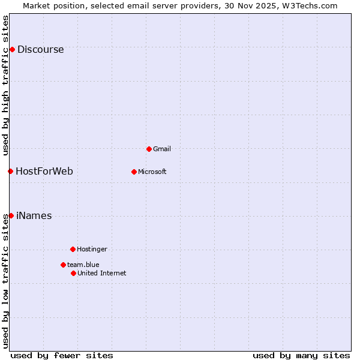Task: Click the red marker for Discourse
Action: [x=12, y=49]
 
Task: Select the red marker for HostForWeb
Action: [x=10, y=171]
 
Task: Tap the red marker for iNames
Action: [x=11, y=215]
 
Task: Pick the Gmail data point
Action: [x=149, y=149]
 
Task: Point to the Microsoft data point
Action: [x=134, y=172]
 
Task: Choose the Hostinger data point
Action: [x=73, y=249]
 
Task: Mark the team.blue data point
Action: [x=63, y=265]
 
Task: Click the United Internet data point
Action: [x=73, y=273]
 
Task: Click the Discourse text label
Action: [x=40, y=50]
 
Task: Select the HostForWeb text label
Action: [x=44, y=172]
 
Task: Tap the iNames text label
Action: [x=34, y=216]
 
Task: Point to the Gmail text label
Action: [x=163, y=149]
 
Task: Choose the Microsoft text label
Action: [x=152, y=172]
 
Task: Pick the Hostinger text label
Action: [x=92, y=249]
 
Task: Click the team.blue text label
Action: [x=83, y=265]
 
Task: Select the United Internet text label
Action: [x=102, y=273]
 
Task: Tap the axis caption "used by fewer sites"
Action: [x=62, y=355]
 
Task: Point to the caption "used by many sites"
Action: [x=301, y=355]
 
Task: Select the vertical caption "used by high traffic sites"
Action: [x=5, y=85]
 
